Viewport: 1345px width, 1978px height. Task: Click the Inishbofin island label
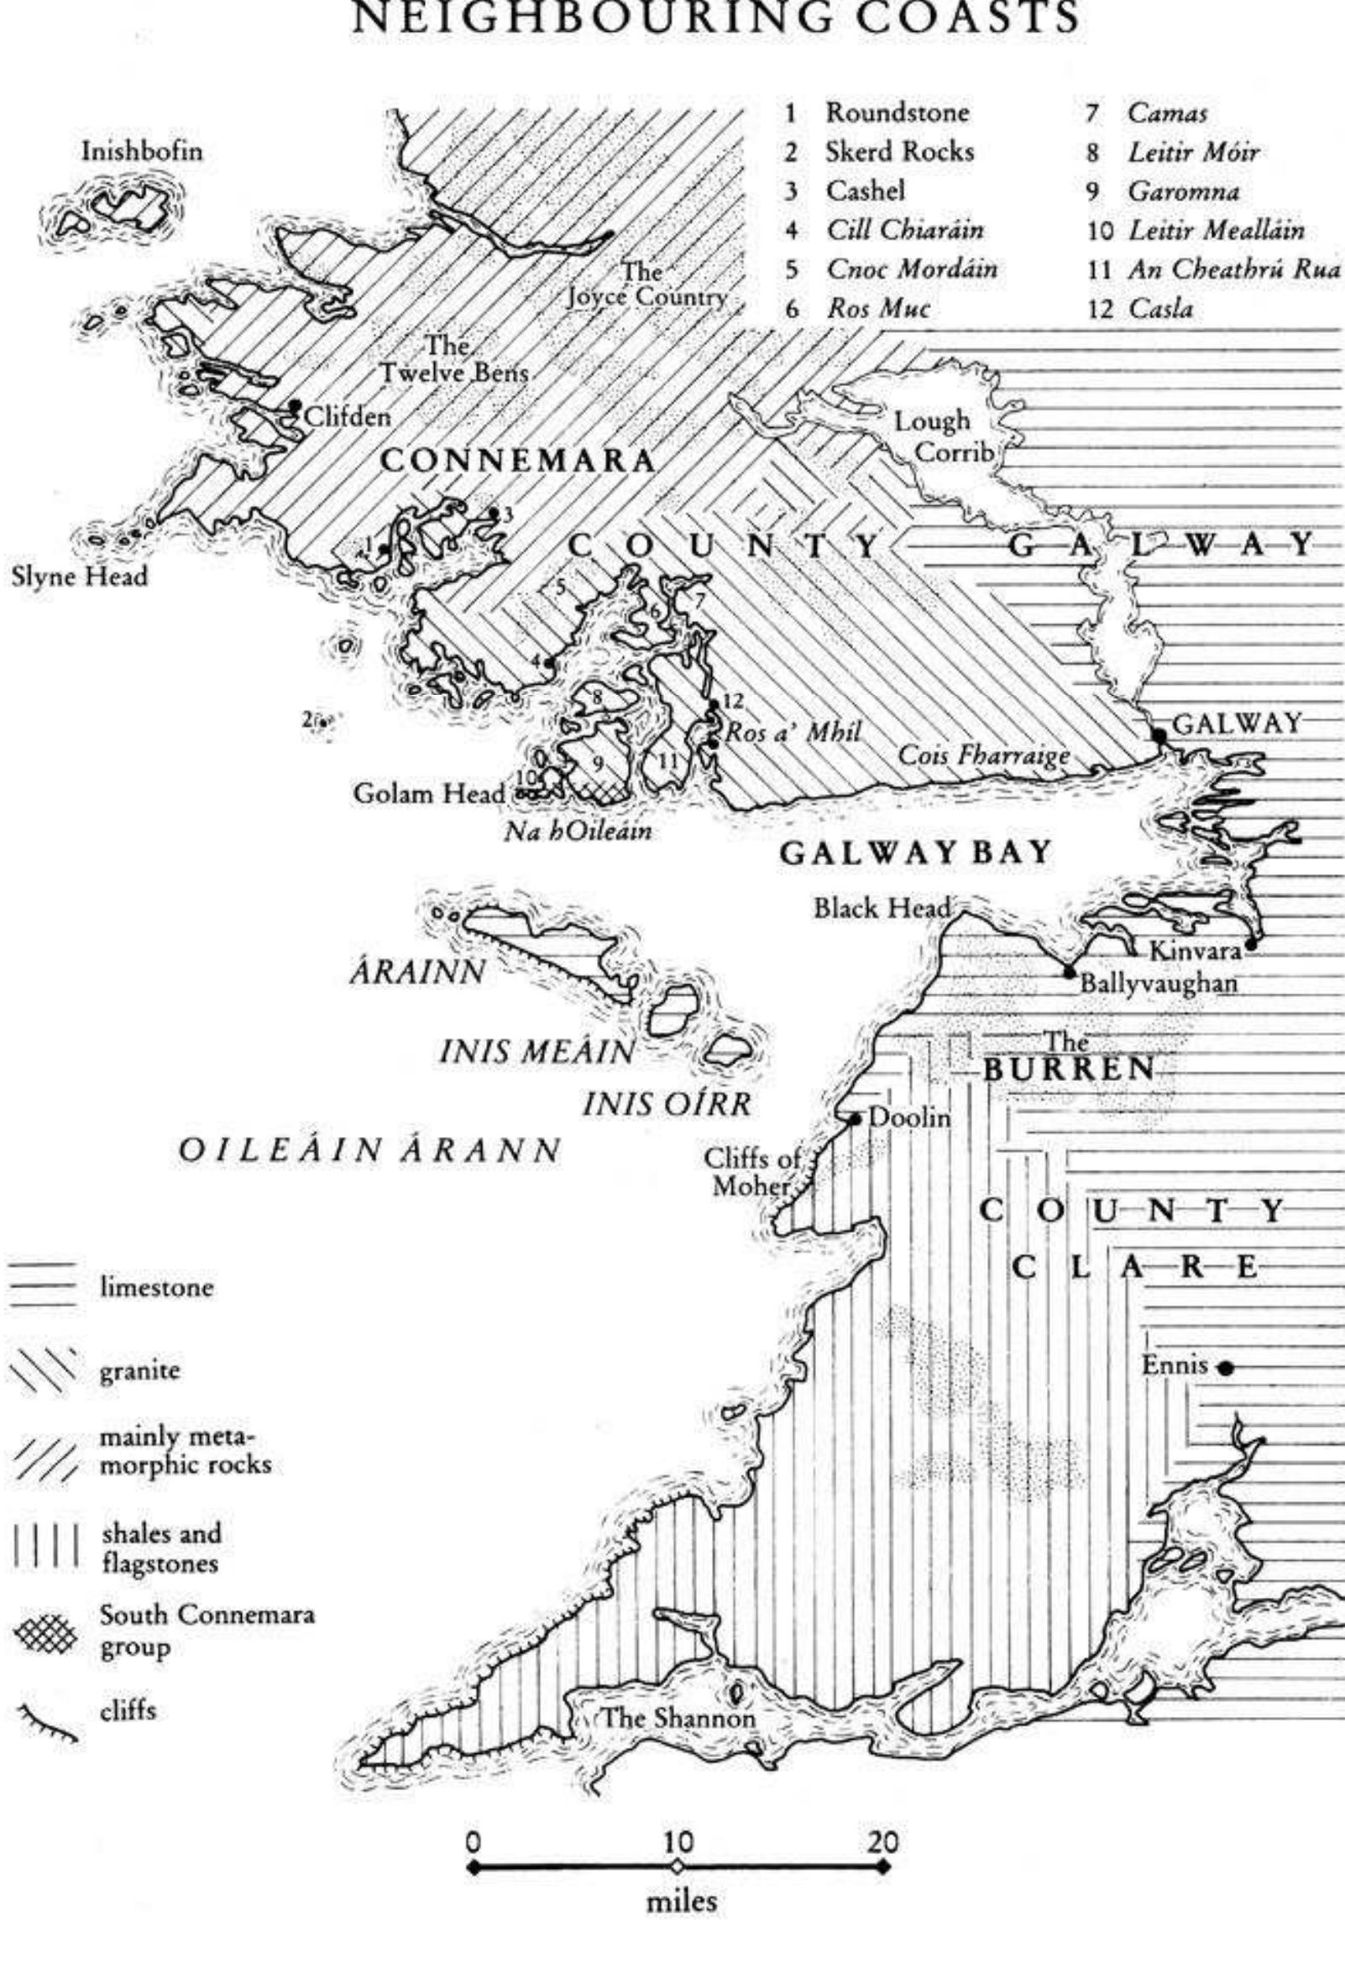[142, 153]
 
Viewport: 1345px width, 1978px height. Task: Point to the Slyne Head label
[79, 577]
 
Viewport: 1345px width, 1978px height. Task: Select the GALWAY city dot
[1159, 733]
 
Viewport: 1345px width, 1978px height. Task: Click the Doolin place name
[909, 1118]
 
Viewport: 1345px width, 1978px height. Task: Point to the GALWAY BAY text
[916, 853]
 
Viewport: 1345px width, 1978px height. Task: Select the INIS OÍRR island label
[667, 1104]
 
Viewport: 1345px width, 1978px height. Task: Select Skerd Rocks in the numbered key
[899, 152]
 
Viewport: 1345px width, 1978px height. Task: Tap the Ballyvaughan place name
[1158, 984]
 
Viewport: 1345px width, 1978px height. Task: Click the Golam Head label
[429, 793]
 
